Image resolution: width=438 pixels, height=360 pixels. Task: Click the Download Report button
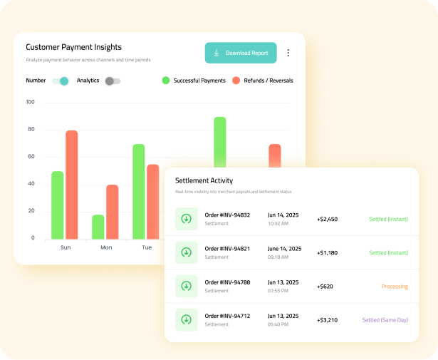[241, 53]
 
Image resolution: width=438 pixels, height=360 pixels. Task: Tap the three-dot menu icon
[288, 53]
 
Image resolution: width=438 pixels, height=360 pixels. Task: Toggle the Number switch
[61, 81]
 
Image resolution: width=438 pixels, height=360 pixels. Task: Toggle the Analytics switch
[113, 81]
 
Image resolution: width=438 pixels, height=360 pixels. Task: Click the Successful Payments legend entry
[194, 81]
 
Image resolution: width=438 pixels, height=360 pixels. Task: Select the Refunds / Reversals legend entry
[262, 81]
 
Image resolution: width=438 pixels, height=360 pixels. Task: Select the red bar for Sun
[71, 185]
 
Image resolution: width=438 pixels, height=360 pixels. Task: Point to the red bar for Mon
[112, 212]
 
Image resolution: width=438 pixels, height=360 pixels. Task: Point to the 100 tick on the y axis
[30, 102]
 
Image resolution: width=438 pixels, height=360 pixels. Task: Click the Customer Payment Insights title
[74, 46]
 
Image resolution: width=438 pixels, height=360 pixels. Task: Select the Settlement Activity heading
[204, 180]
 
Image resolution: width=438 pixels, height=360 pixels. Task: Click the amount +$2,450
[327, 219]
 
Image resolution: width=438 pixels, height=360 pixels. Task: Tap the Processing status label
[395, 287]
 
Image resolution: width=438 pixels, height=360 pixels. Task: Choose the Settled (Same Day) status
[385, 320]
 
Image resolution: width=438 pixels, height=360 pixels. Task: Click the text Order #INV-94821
[226, 249]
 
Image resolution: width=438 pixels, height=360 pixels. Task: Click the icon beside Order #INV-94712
[186, 319]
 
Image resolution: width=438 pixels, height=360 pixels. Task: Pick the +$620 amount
[325, 287]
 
